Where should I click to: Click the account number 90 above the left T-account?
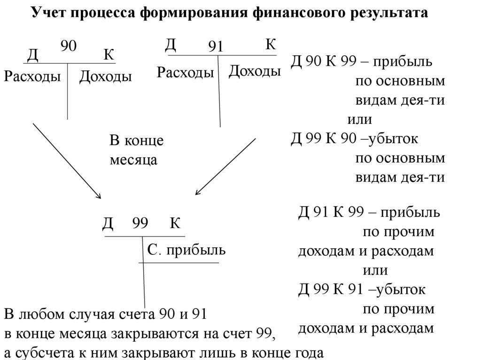tap(69, 46)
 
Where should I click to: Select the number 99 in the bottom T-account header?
tap(140, 223)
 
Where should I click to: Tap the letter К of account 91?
tap(270, 45)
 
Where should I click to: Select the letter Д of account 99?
tap(108, 223)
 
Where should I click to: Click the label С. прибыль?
tap(186, 250)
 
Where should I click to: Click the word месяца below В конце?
tap(133, 160)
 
